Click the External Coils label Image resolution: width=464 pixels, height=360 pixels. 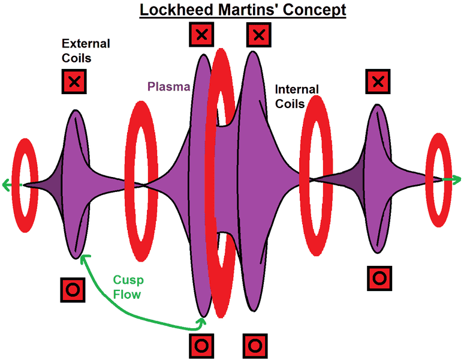(x=86, y=50)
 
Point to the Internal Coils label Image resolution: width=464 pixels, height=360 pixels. (x=297, y=97)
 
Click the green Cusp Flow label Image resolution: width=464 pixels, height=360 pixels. (x=127, y=287)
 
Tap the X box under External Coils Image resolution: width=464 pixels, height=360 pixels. (x=74, y=82)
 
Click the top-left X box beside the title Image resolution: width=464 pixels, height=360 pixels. (x=202, y=35)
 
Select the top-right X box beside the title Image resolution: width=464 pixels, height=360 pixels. (x=258, y=35)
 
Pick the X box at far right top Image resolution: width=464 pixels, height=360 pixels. (x=378, y=81)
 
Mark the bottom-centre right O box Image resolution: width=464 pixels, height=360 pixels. (x=255, y=345)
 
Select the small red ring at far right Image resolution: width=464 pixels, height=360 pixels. (x=440, y=181)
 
